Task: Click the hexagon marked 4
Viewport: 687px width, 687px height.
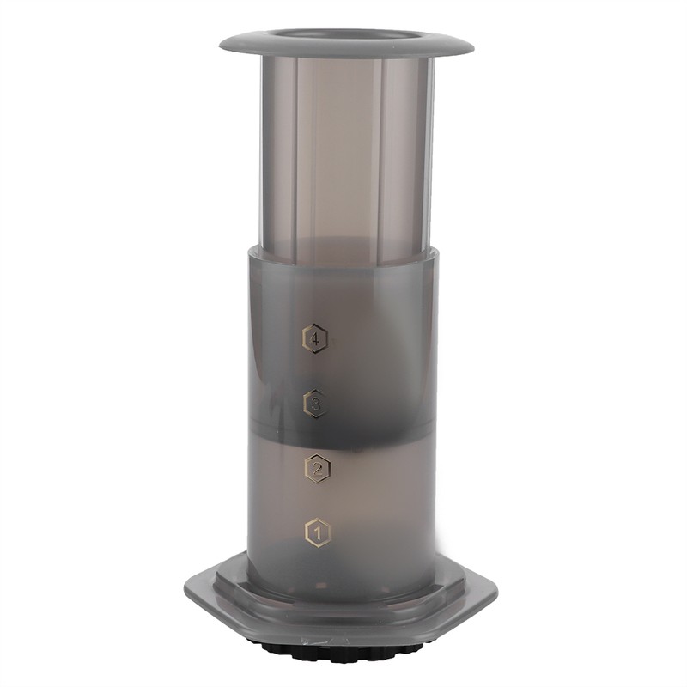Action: coord(316,338)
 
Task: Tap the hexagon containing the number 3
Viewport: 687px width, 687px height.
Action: coord(316,402)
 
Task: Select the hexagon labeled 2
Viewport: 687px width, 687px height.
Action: coord(318,468)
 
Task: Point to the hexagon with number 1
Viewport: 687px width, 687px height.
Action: coord(318,533)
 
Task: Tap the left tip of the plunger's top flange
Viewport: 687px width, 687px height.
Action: coord(222,43)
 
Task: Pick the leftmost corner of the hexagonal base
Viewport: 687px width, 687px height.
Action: coord(185,592)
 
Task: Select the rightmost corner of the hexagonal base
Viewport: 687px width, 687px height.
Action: coord(497,592)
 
